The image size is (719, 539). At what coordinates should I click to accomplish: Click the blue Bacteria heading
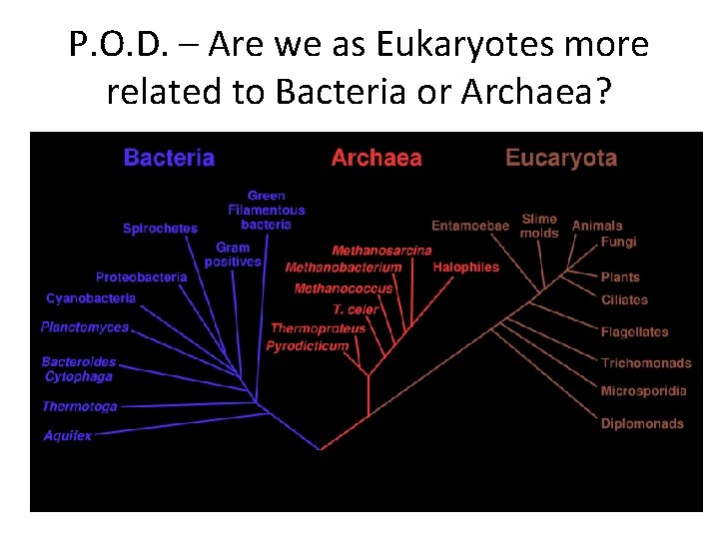(169, 158)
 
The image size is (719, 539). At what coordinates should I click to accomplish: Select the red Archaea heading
(376, 158)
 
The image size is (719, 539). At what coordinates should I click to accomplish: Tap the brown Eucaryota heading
(561, 158)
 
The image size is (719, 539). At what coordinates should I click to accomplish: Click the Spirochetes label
(160, 229)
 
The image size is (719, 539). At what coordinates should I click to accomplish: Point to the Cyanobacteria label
(91, 298)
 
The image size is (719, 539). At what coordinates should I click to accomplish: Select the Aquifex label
(68, 435)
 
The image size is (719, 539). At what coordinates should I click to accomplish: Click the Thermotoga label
(79, 406)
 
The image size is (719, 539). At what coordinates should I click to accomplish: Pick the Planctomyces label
(85, 326)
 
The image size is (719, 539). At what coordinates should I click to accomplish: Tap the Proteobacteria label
(141, 276)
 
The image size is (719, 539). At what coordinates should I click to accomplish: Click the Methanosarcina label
(381, 251)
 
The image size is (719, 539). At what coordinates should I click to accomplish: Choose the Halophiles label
(465, 267)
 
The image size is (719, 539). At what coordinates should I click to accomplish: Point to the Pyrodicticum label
(308, 346)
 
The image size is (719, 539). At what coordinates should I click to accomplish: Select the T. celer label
(356, 309)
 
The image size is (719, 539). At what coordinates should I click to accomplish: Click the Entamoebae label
(470, 226)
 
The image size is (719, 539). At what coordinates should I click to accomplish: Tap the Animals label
(597, 226)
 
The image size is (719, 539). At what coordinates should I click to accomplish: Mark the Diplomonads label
(642, 423)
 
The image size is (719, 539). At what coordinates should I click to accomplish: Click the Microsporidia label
(644, 391)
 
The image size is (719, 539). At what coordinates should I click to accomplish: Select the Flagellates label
(635, 331)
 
